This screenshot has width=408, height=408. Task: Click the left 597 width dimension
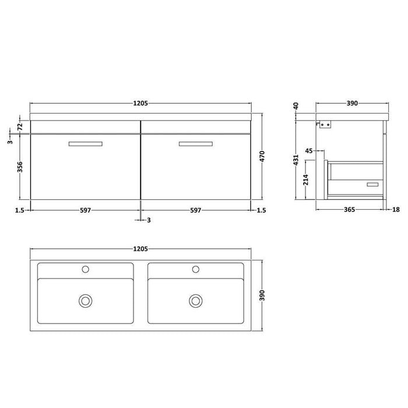pyautogui.click(x=85, y=210)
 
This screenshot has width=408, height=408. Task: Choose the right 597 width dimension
pyautogui.click(x=195, y=210)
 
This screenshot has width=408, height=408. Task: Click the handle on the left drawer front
pyautogui.click(x=85, y=143)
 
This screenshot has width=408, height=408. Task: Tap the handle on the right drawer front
pyautogui.click(x=195, y=143)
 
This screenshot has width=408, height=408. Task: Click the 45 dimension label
pyautogui.click(x=309, y=151)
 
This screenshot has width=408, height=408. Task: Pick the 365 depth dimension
pyautogui.click(x=349, y=210)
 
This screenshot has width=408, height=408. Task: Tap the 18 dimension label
pyautogui.click(x=397, y=210)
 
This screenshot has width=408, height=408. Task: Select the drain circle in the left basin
pyautogui.click(x=85, y=301)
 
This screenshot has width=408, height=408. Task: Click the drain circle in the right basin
pyautogui.click(x=195, y=301)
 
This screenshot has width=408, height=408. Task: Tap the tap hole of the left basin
pyautogui.click(x=85, y=269)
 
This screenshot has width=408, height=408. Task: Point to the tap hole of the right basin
pyautogui.click(x=195, y=269)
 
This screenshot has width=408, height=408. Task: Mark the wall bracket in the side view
pyautogui.click(x=324, y=124)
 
